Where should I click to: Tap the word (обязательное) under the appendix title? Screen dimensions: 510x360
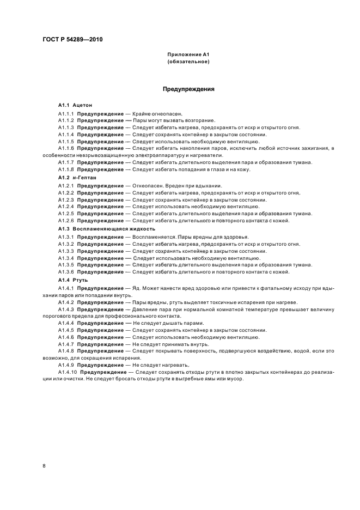coord(188,62)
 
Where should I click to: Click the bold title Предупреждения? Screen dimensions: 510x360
coord(188,89)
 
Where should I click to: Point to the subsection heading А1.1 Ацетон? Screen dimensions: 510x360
coord(76,104)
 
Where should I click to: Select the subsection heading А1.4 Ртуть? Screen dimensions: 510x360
coord(73,280)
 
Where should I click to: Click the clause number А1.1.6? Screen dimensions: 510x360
coord(66,148)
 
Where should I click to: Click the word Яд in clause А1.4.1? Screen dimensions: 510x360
coord(136,288)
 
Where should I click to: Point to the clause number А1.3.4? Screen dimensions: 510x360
coord(66,258)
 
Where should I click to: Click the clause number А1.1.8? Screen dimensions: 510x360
coord(66,169)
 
